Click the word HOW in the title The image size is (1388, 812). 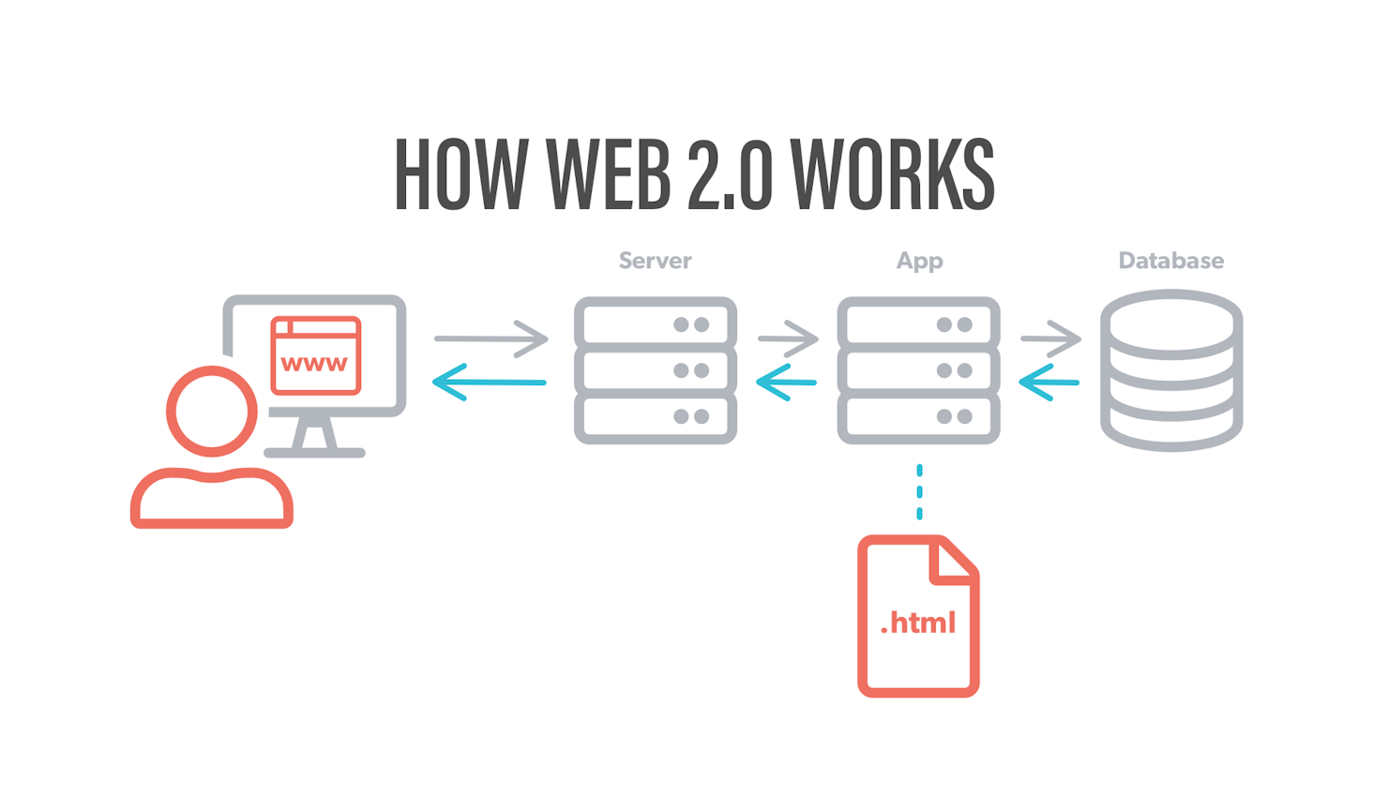click(x=461, y=173)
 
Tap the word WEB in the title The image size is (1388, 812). click(x=609, y=173)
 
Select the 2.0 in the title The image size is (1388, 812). click(x=731, y=173)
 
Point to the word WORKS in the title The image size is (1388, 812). click(x=892, y=173)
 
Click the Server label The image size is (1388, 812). click(x=655, y=261)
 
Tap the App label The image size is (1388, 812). click(x=919, y=262)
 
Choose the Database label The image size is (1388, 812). click(x=1171, y=261)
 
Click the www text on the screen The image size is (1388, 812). click(x=314, y=364)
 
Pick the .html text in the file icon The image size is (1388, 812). click(x=918, y=623)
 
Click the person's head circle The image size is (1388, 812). click(x=211, y=370)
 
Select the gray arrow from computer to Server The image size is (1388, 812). click(x=491, y=338)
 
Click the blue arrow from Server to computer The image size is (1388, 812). click(x=489, y=383)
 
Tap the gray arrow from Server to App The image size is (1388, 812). click(x=788, y=338)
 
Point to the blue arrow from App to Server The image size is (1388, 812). click(x=786, y=383)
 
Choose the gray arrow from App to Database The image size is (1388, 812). click(x=1051, y=338)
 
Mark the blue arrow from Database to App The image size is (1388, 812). click(x=1049, y=383)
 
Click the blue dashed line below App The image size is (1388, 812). click(x=919, y=491)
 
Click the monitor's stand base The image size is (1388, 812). click(x=314, y=453)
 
